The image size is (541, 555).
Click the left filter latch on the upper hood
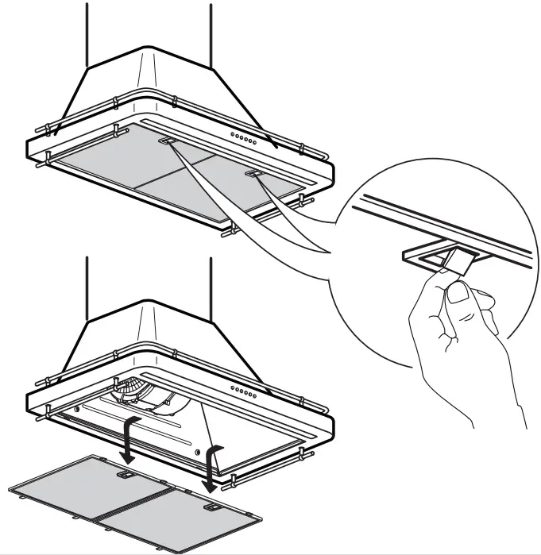pos(168,141)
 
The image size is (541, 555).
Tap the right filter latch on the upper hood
pos(254,172)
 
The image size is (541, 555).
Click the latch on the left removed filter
pos(124,473)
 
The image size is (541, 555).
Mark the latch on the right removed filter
pos(211,505)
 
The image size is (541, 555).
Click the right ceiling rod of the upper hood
pos(211,32)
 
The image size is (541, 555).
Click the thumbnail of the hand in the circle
pos(457,294)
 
